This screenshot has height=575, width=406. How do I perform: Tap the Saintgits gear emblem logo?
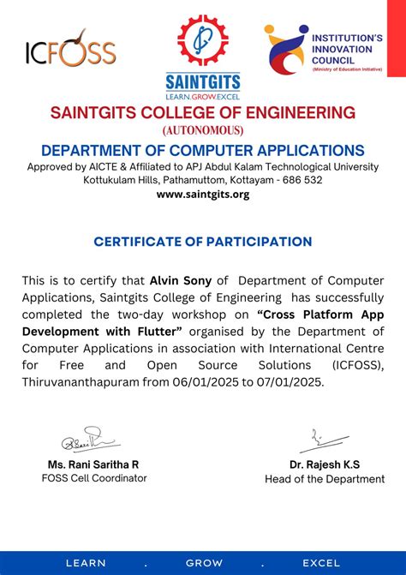coord(203,42)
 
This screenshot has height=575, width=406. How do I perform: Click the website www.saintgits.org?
coord(203,195)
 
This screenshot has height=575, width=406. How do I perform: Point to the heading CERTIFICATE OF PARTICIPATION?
coord(203,242)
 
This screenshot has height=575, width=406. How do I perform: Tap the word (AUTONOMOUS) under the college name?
coord(203,130)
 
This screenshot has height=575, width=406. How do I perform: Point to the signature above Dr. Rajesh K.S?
coord(312,440)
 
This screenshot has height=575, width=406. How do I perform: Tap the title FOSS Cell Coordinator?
coord(94,478)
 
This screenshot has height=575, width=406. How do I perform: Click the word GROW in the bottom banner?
coord(204,563)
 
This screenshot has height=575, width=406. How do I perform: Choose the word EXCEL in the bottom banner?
coord(321,563)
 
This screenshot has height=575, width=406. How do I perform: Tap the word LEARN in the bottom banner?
coord(86,563)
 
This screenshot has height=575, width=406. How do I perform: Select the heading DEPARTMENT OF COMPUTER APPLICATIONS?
coord(203,150)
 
